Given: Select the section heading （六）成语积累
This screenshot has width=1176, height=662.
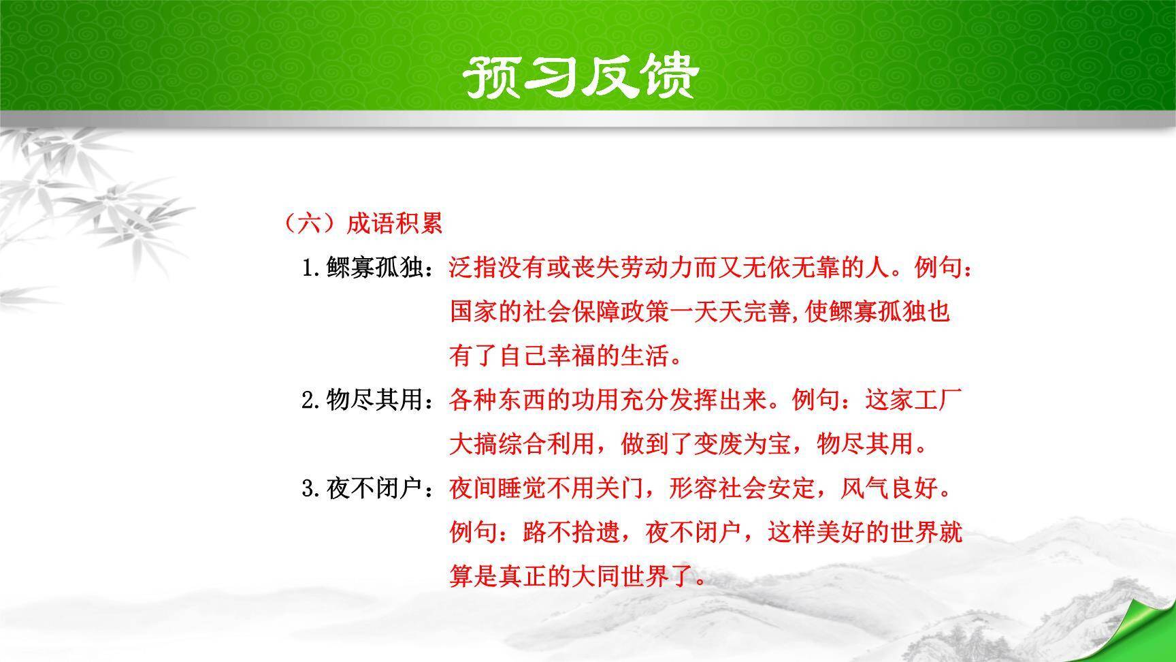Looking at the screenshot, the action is (x=363, y=223).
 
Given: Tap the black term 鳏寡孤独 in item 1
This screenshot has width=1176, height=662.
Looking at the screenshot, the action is (x=376, y=268).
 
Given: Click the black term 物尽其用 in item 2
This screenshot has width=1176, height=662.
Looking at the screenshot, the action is (x=376, y=400).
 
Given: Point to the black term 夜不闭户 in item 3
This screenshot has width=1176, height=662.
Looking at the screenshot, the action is (x=376, y=488).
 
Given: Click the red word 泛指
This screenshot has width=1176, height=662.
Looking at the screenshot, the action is (x=474, y=268).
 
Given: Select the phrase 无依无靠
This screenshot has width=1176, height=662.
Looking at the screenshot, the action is (x=792, y=268).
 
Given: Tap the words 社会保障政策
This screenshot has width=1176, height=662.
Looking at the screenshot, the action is (x=596, y=312).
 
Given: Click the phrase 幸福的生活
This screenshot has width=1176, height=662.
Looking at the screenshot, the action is (x=608, y=356).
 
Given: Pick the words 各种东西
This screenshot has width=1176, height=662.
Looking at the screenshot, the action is (x=498, y=400).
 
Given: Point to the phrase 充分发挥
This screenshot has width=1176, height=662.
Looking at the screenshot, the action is (x=670, y=400).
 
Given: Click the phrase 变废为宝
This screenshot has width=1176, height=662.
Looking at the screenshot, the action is (x=742, y=444).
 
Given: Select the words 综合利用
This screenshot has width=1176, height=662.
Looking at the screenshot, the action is (x=547, y=444).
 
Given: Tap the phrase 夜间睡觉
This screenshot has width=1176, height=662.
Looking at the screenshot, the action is (x=498, y=488).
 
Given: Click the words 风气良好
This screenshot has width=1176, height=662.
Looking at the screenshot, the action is (x=890, y=488).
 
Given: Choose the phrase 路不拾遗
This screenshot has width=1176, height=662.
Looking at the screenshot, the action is (x=572, y=533).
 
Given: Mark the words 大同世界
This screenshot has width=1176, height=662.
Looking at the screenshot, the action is (x=621, y=576).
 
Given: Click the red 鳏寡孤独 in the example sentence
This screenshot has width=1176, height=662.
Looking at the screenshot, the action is (x=876, y=312).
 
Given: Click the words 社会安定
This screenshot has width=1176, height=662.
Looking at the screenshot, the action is (x=767, y=488).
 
